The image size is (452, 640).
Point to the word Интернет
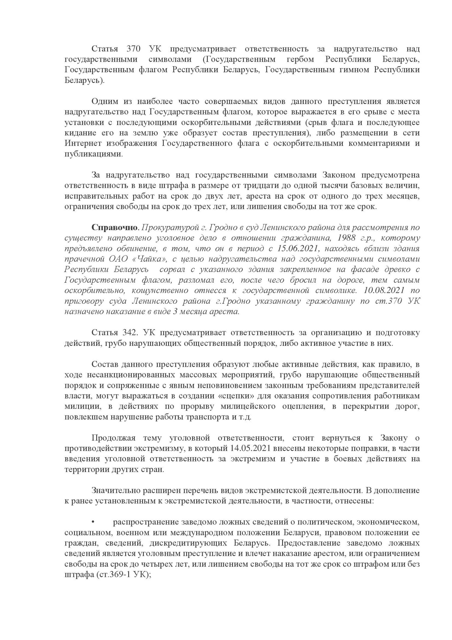(x=81, y=144)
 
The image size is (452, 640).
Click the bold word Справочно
(x=115, y=228)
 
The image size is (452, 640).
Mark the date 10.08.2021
(x=386, y=291)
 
